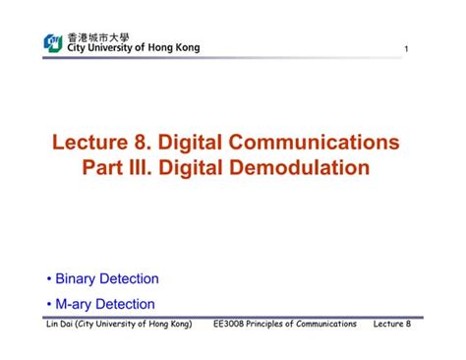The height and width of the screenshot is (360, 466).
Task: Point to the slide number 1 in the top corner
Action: point(404,51)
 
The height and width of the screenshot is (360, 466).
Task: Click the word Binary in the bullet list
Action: point(76,279)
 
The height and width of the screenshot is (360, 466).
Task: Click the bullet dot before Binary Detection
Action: point(49,280)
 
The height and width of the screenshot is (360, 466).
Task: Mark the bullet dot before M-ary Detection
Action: point(49,305)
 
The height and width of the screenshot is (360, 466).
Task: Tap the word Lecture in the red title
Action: point(90,142)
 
